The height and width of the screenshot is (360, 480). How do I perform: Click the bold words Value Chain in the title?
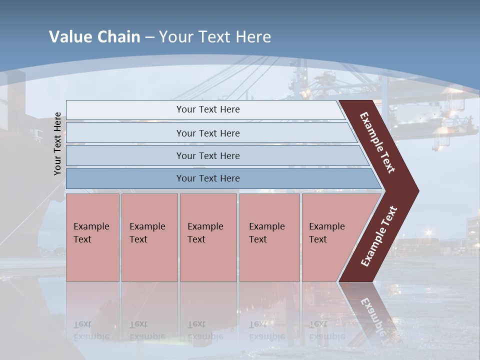[x=94, y=37]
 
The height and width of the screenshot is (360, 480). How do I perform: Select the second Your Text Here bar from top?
[x=208, y=133]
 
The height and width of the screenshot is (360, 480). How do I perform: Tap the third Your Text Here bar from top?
[x=208, y=155]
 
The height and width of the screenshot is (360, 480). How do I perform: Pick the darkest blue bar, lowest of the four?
[x=208, y=178]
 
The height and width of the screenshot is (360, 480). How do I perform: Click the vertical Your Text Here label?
[x=57, y=143]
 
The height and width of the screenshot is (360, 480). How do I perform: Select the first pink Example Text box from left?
[x=92, y=237]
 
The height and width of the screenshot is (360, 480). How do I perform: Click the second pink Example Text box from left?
[x=149, y=237]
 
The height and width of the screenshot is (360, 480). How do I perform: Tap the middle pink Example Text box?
[x=208, y=237]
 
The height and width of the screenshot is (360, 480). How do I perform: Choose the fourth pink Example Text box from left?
[x=269, y=237]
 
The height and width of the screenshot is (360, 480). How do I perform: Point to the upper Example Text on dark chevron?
[x=377, y=142]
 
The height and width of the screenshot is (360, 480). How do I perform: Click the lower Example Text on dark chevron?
[x=379, y=236]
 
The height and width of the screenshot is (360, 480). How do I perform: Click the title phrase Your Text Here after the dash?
[x=215, y=37]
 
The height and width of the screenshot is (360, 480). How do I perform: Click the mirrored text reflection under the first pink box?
[x=91, y=330]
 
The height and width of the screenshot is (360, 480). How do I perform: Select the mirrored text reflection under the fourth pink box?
[x=266, y=330]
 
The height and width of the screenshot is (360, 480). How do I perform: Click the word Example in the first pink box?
[x=91, y=226]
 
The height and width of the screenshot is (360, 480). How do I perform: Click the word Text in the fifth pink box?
[x=318, y=239]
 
